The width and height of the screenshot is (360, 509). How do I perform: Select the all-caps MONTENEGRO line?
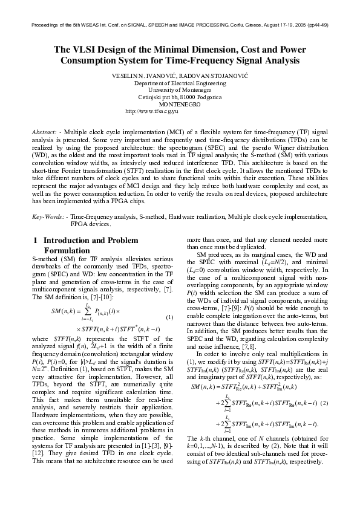pyautogui.click(x=180, y=104)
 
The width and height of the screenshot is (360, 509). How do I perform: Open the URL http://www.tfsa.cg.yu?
pyautogui.click(x=151, y=111)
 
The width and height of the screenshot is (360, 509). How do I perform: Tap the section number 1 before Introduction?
pyautogui.click(x=34, y=240)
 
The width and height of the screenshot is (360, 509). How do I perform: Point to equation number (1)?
pyautogui.click(x=170, y=317)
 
